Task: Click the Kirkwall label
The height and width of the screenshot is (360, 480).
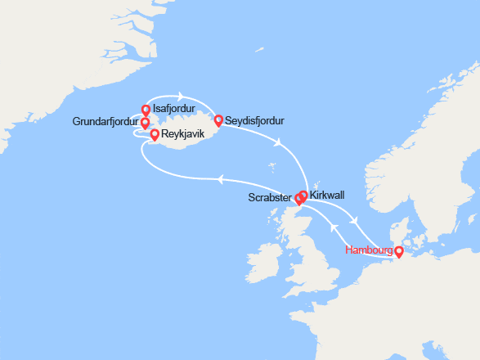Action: pyautogui.click(x=328, y=196)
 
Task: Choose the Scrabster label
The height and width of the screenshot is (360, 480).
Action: pyautogui.click(x=268, y=198)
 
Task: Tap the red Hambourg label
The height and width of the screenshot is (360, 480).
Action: pyautogui.click(x=369, y=250)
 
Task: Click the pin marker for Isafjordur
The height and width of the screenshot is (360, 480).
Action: pyautogui.click(x=146, y=110)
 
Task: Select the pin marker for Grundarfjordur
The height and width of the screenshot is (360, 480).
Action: pyautogui.click(x=146, y=124)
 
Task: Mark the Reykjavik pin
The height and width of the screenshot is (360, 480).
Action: pyautogui.click(x=155, y=134)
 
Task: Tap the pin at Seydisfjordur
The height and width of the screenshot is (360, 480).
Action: pyautogui.click(x=218, y=121)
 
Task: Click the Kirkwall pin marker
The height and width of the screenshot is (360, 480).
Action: pyautogui.click(x=303, y=196)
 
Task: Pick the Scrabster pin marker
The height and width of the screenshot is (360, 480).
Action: pyautogui.click(x=299, y=199)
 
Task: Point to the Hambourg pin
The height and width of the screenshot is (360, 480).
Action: pyautogui.click(x=399, y=253)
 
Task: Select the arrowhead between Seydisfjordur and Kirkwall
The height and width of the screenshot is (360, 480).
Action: pyautogui.click(x=280, y=144)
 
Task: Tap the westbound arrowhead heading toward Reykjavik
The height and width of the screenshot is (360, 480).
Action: pyautogui.click(x=221, y=180)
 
